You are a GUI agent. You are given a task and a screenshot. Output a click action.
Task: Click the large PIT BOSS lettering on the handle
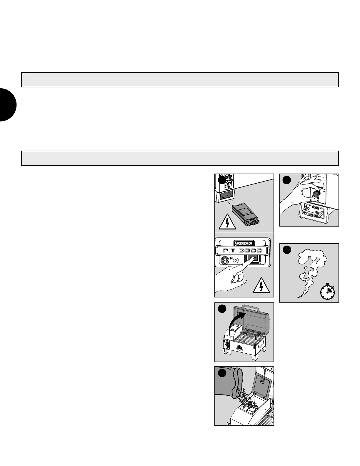click(x=242, y=251)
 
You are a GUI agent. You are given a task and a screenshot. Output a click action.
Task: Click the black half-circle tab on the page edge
click(x=7, y=104)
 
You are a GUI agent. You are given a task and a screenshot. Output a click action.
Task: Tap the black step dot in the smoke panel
click(x=287, y=249)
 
